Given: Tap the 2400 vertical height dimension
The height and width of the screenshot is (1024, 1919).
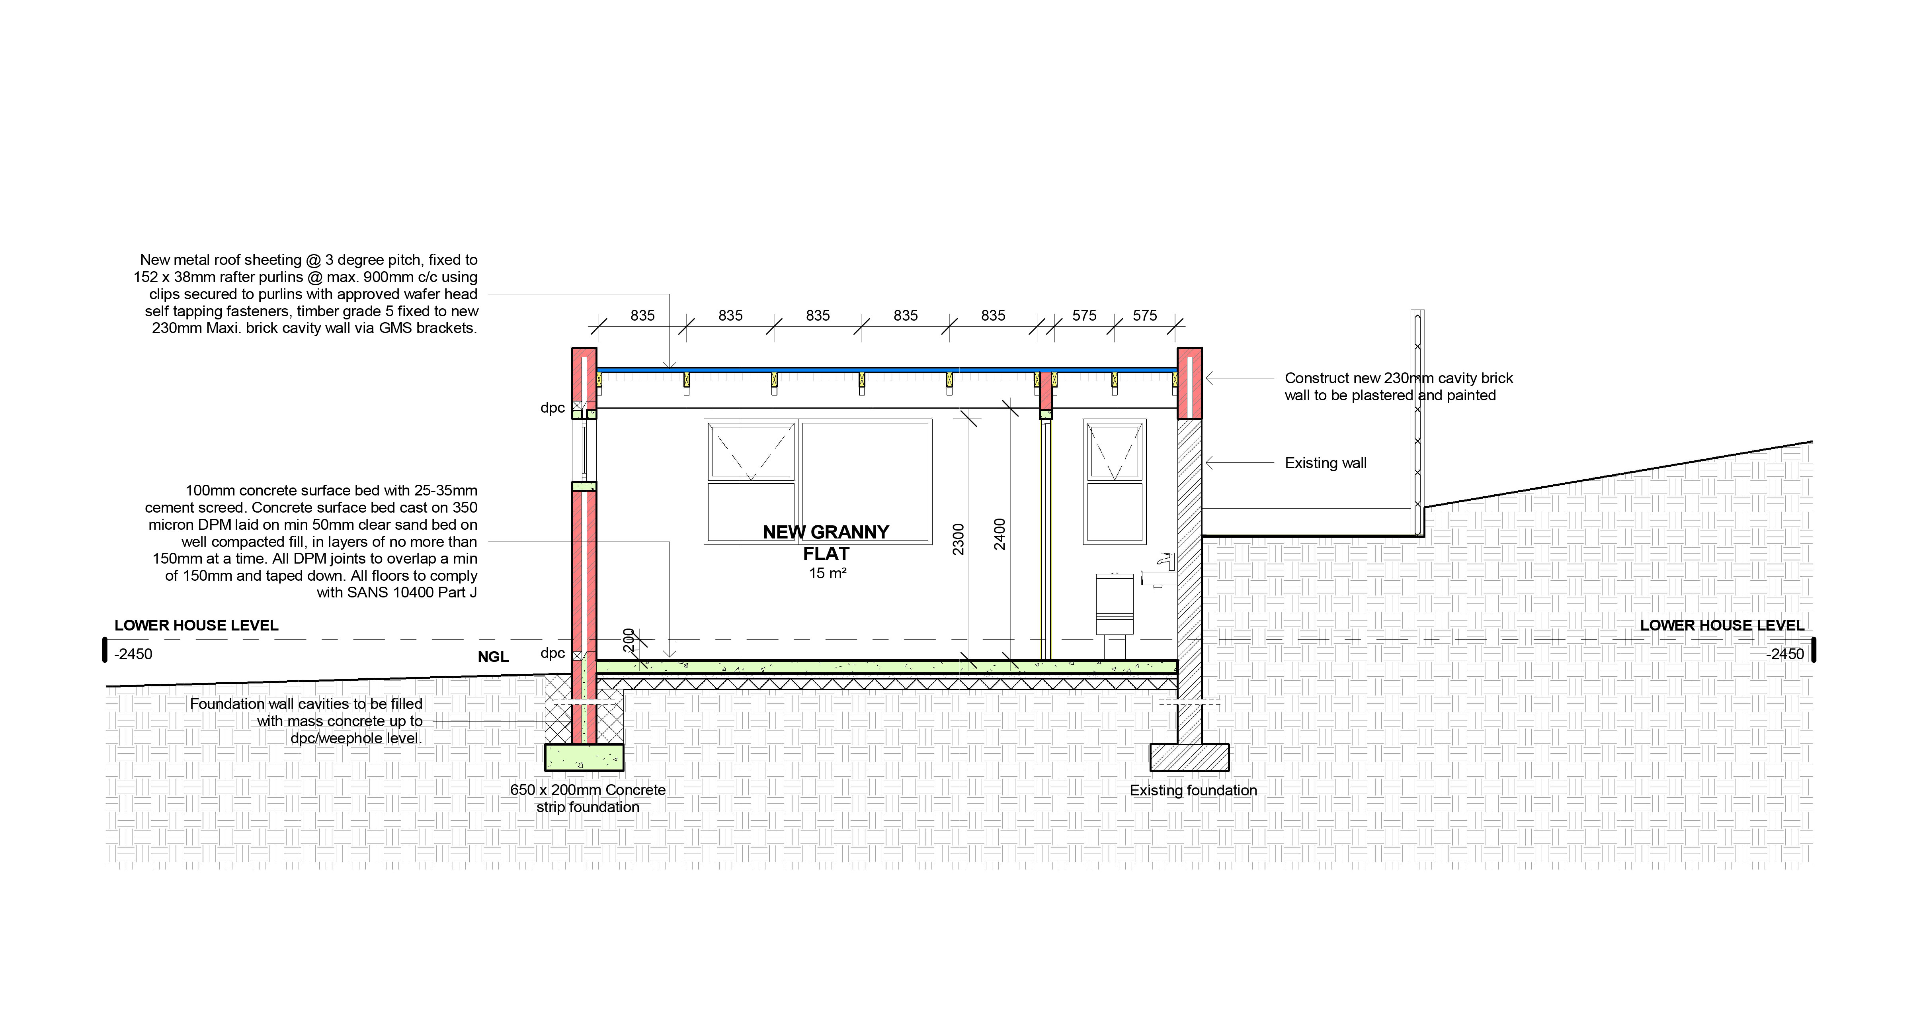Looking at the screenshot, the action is pos(1000,535).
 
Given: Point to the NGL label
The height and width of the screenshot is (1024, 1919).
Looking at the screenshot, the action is pos(493,657).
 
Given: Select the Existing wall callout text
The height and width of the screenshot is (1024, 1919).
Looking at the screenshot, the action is pos(1325,463).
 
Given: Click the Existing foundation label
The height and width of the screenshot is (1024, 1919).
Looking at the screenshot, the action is pos(1193,790).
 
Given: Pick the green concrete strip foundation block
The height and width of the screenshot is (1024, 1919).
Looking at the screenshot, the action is pos(584,757).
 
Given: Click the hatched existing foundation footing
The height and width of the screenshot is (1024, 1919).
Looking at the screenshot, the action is pos(1189,757).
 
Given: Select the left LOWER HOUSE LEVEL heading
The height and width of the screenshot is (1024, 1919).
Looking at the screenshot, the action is pos(196,625).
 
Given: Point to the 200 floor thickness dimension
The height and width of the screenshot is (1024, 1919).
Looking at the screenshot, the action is pos(628,639).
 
